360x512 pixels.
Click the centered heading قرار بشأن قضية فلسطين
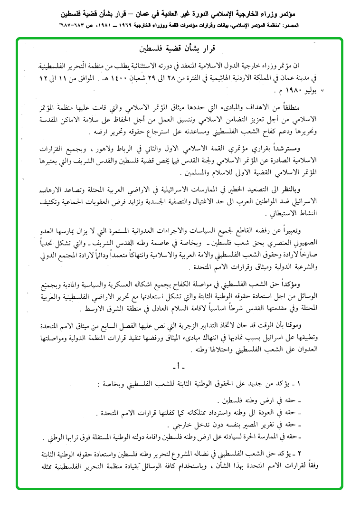coord(180,48)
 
